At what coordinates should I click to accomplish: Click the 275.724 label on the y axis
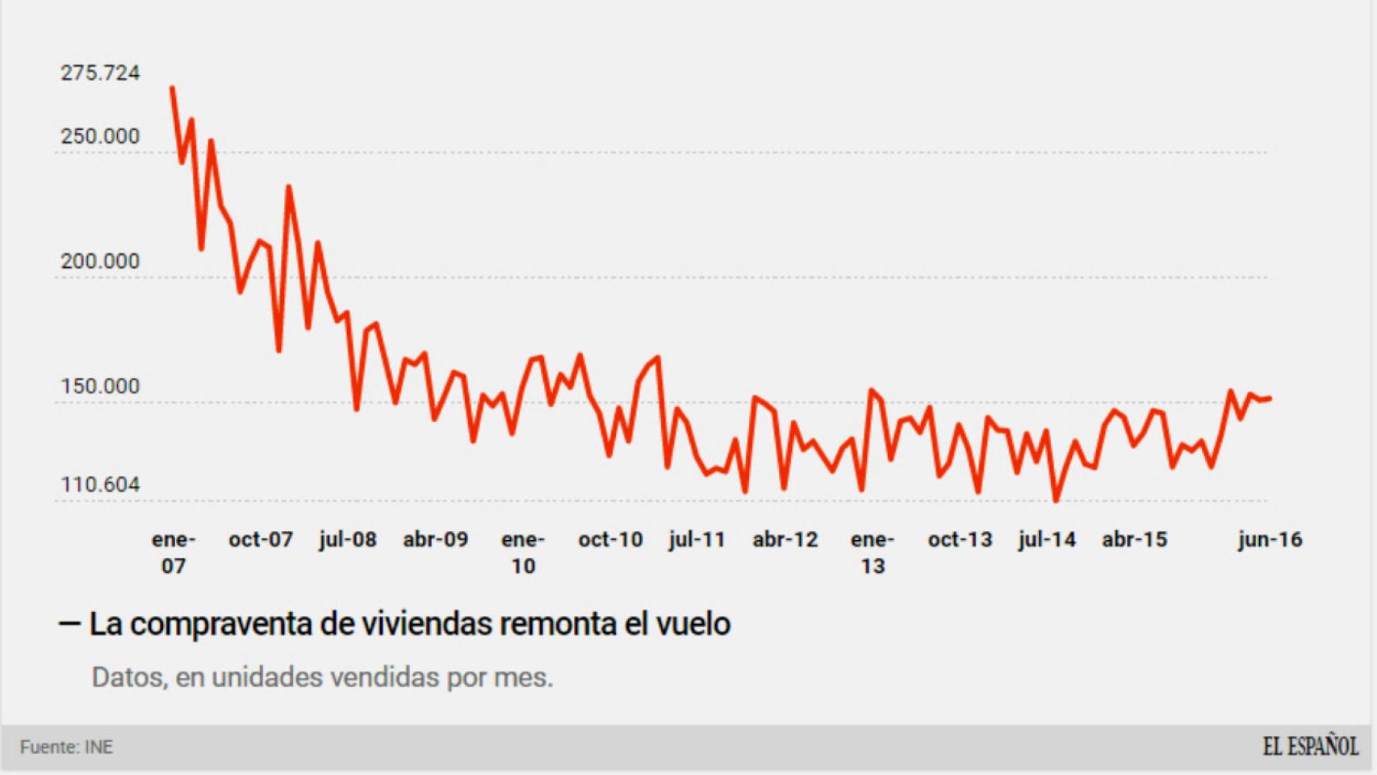point(100,73)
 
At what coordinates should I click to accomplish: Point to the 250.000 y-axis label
point(100,136)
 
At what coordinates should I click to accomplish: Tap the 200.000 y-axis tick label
point(100,262)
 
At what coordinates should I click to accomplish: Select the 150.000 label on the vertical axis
point(100,387)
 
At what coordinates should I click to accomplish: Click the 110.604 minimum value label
point(100,484)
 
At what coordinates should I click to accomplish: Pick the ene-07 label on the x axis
point(174,552)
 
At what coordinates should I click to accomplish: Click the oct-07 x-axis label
point(260,539)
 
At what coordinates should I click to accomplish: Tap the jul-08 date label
point(348,539)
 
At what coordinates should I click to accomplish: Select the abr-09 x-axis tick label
point(435,539)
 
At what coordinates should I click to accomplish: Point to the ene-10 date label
point(523,552)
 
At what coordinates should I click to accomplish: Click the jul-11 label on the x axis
point(697,539)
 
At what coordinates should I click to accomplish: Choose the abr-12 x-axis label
point(785,539)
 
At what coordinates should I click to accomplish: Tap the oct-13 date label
point(960,539)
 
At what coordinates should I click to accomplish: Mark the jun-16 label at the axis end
point(1270,539)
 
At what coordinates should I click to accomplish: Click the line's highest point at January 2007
point(172,88)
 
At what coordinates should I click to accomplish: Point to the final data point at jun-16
point(1270,398)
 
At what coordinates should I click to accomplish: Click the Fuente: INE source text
point(66,748)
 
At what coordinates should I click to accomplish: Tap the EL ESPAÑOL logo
point(1310,747)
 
